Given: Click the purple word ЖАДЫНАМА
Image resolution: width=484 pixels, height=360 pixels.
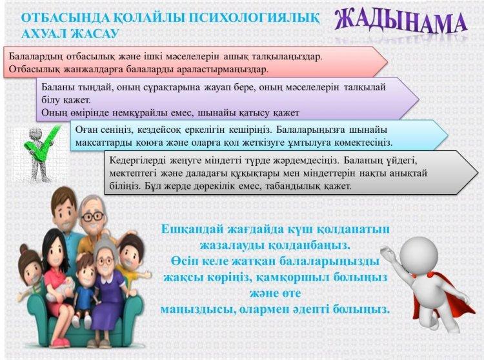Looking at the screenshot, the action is [401, 22].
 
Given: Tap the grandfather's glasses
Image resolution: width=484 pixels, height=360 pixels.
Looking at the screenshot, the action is [93, 216].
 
